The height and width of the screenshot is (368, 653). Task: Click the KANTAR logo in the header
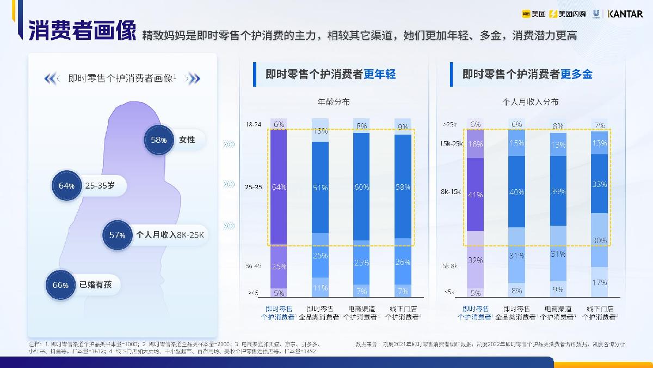625,14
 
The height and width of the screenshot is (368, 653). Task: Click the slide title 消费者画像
82,31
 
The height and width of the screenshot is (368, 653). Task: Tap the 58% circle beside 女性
158,140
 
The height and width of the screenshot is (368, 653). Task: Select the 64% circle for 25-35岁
66,186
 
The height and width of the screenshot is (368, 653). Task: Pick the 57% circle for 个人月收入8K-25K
117,235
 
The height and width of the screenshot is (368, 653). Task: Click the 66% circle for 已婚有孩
60,285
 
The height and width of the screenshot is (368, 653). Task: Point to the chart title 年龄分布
334,102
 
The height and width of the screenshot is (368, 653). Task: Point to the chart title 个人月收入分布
530,102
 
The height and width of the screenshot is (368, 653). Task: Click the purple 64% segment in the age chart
279,187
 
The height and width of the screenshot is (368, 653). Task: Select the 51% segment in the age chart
320,187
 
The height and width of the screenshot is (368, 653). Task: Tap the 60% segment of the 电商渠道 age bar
361,187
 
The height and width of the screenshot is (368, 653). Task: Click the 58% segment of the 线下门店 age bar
403,187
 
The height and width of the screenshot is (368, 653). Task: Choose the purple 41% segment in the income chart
476,195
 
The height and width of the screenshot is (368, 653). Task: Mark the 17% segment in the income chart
600,282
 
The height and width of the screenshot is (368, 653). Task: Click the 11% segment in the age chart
320,287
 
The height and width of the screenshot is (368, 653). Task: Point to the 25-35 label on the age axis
254,187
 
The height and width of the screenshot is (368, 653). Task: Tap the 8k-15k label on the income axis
451,192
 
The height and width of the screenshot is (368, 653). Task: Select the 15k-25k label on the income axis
451,144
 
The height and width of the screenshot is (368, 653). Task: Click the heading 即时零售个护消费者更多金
527,75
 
